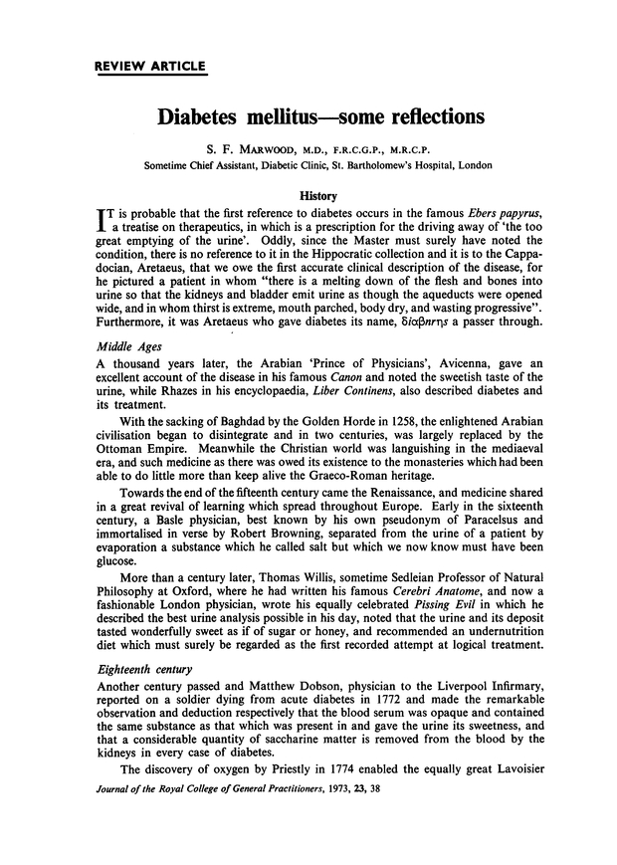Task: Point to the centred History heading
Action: (308, 197)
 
